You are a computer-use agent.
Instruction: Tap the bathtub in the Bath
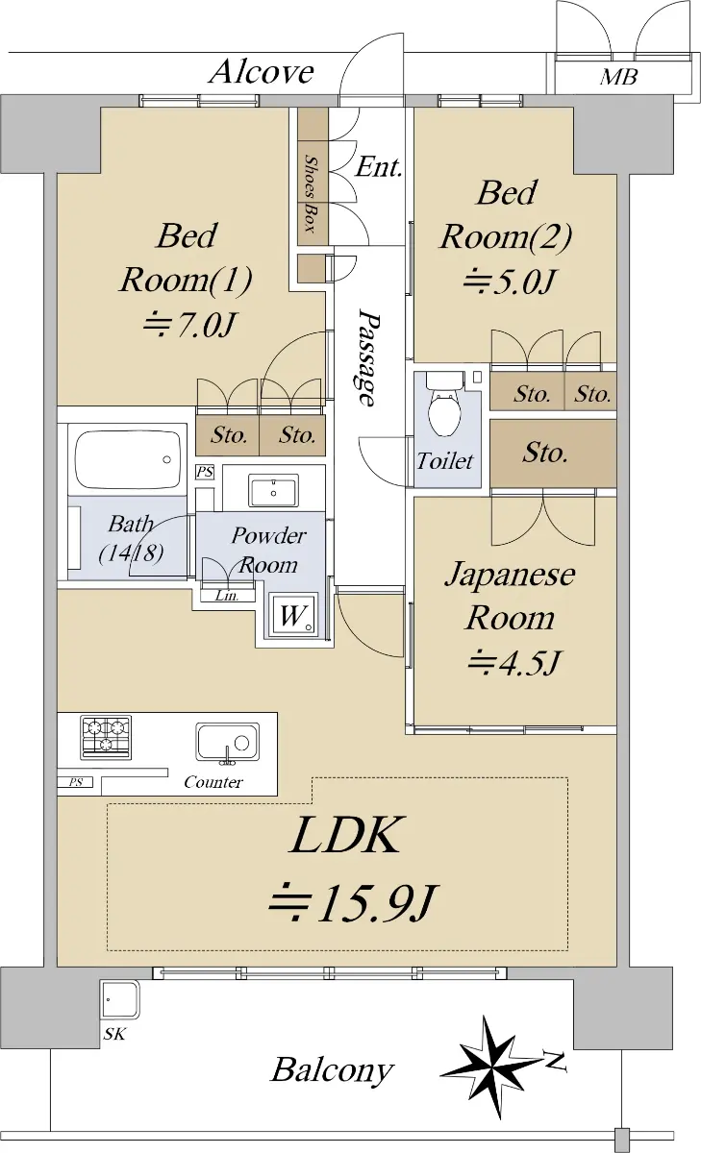point(131,457)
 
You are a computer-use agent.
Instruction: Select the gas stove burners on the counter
point(106,737)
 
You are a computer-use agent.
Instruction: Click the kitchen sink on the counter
point(227,742)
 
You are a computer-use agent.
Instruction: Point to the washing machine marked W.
point(291,615)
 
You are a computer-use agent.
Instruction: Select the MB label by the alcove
point(618,77)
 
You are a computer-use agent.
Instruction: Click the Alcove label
point(262,72)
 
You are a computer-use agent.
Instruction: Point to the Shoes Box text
point(310,193)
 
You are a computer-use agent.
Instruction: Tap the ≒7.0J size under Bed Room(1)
point(189,325)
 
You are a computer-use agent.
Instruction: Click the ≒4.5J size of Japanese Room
point(513,662)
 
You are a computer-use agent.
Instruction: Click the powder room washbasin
point(273,491)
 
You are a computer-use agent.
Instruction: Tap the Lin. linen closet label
point(227,596)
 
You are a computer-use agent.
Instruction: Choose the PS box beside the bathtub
point(205,472)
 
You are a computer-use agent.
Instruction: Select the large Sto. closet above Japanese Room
point(553,454)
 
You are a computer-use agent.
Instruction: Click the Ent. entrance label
point(379,167)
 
